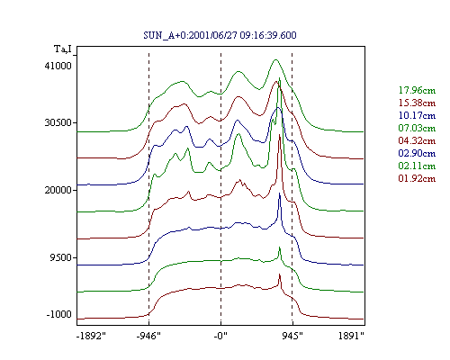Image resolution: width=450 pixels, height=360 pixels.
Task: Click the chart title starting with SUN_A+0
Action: pos(220,35)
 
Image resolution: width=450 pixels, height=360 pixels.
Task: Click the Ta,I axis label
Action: pos(63,49)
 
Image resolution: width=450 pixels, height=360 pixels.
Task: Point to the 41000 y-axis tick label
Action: pos(58,66)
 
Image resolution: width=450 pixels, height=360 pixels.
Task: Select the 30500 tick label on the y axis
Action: pos(58,122)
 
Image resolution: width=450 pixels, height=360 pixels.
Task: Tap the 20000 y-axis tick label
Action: pos(58,190)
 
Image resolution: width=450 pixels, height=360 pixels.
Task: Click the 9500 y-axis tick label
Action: pos(61,257)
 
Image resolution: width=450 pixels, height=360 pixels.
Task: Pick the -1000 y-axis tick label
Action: pos(59,314)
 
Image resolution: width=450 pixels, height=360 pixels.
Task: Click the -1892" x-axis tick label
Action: pos(91,336)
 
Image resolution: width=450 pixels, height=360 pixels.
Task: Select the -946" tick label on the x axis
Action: pos(148,336)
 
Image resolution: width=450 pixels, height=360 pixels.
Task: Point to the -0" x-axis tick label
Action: pos(220,336)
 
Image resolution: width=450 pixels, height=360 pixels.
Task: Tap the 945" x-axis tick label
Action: pos(292,336)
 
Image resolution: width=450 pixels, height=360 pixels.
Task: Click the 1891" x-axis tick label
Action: pos(351,336)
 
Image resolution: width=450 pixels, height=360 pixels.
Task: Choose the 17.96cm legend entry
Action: pos(417,90)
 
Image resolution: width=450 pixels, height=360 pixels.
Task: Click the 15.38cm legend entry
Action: pos(417,103)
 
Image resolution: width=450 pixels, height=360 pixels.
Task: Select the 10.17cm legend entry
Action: pos(417,115)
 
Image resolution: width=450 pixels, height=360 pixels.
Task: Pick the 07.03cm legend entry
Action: pos(417,128)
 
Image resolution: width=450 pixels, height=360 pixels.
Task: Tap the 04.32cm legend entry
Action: pos(417,140)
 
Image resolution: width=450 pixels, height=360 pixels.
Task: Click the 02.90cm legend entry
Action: pos(417,153)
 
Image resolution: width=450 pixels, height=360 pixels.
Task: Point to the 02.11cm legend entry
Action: pos(417,166)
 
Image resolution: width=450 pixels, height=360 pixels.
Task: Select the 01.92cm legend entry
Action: pos(417,178)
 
